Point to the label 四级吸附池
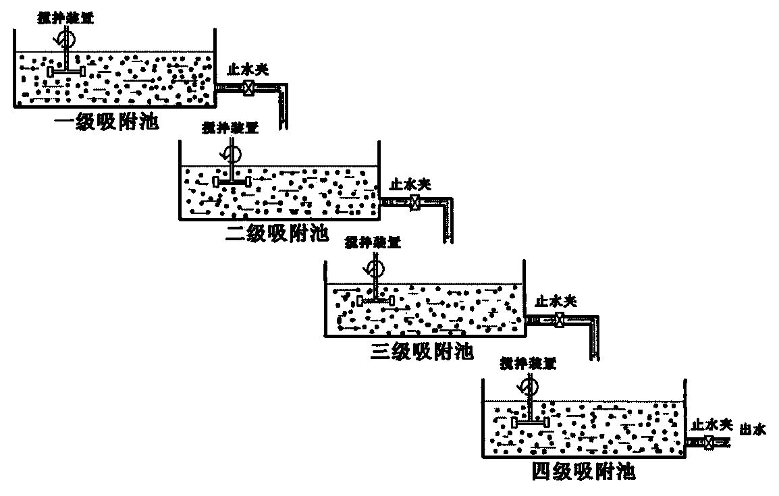583,470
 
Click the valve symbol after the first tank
249,87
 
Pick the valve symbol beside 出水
709,443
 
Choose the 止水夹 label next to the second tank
410,183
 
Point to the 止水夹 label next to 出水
711,424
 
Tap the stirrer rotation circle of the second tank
232,150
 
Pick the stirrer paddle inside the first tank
66,71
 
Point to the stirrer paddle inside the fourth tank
530,422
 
